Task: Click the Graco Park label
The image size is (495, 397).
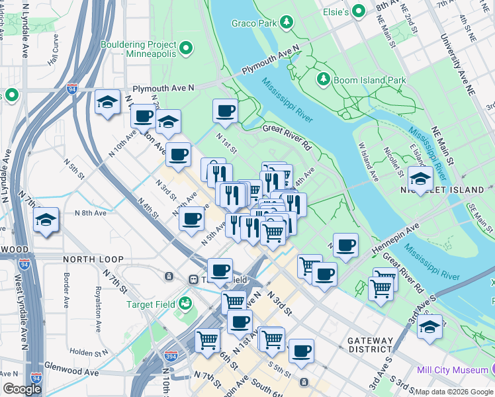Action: pyautogui.click(x=253, y=23)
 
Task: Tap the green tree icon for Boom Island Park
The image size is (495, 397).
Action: pyautogui.click(x=324, y=80)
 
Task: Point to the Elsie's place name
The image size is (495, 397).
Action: pyautogui.click(x=331, y=11)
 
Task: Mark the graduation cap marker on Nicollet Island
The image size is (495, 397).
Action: pyautogui.click(x=420, y=178)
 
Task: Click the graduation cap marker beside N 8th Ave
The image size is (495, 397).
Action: pyautogui.click(x=46, y=220)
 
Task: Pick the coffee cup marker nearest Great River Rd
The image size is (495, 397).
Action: pyautogui.click(x=225, y=110)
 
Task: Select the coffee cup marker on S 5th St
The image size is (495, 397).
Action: pyautogui.click(x=301, y=351)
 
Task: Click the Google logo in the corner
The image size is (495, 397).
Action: pyautogui.click(x=22, y=389)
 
